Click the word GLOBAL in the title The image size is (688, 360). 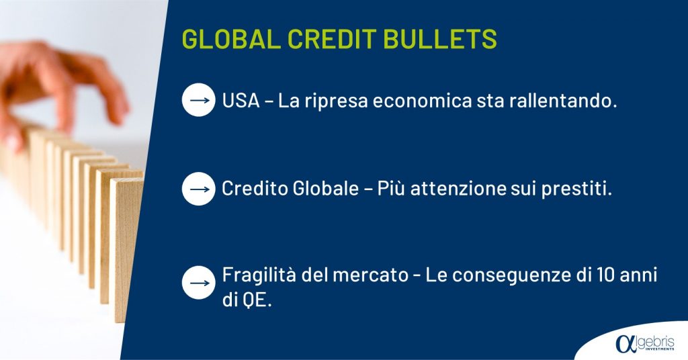(x=231, y=38)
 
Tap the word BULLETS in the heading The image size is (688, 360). (x=440, y=38)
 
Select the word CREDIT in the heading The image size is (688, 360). (x=332, y=38)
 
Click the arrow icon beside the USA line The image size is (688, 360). (x=199, y=100)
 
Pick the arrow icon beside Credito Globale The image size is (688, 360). (x=199, y=189)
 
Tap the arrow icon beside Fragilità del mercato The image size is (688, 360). (x=199, y=283)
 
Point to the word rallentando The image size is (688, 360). (x=563, y=101)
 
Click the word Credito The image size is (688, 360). (x=253, y=189)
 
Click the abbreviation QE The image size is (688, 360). (x=255, y=301)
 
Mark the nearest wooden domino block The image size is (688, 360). (x=126, y=250)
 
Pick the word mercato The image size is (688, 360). (x=370, y=275)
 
